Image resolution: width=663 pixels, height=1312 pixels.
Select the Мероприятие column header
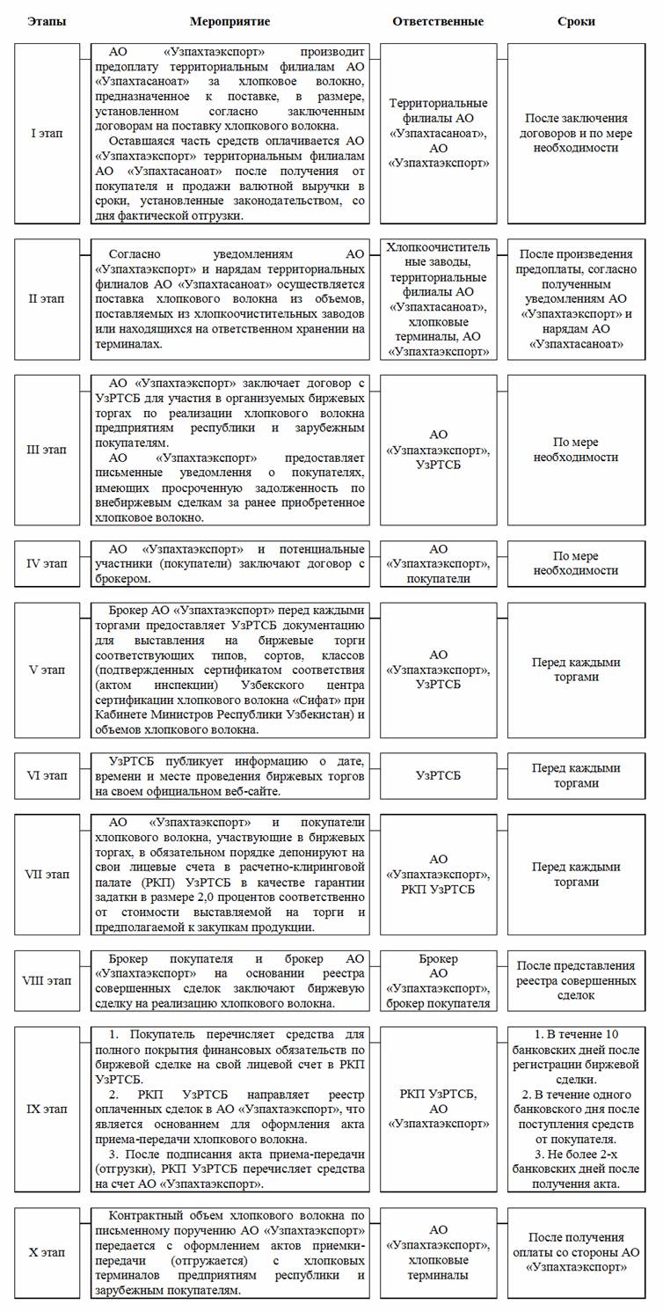(229, 20)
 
